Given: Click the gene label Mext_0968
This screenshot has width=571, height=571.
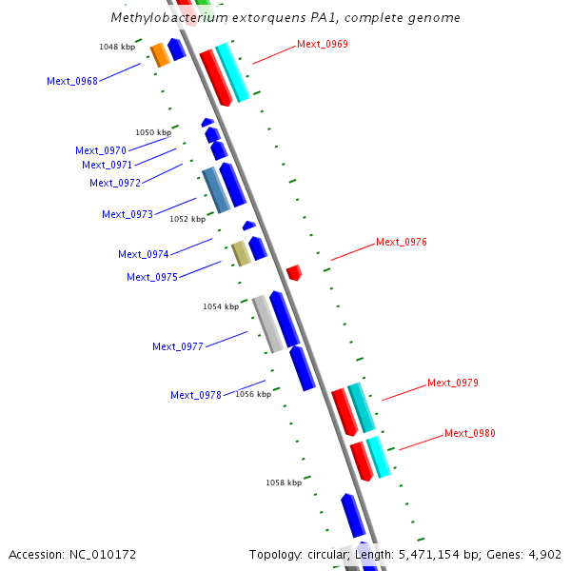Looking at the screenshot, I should (x=72, y=81).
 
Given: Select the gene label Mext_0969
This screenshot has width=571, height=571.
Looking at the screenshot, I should (x=323, y=44).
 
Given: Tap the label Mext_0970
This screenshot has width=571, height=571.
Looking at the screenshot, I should (x=101, y=150).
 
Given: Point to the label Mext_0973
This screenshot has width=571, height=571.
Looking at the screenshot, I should (x=128, y=214).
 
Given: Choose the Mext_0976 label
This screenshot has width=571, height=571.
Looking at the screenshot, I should (x=402, y=242).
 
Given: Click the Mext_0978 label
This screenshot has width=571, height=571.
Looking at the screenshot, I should (x=196, y=395).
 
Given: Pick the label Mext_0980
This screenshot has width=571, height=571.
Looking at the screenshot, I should (x=470, y=433).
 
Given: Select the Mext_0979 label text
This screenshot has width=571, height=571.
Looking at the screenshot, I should (x=453, y=383).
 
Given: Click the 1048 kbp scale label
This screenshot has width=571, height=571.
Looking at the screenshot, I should (x=117, y=47).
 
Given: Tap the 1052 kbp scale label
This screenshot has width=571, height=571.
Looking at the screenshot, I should (x=187, y=219).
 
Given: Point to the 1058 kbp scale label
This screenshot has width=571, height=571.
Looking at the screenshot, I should (x=284, y=482).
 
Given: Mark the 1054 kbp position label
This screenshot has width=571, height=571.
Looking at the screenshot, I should (x=221, y=306).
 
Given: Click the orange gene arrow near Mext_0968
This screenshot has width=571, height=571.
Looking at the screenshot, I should (x=160, y=54).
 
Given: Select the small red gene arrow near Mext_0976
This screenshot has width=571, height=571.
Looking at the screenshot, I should (x=294, y=272).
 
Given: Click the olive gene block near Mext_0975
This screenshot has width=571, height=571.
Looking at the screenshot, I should (x=242, y=253).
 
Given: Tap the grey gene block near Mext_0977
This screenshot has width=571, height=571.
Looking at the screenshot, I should (x=267, y=324).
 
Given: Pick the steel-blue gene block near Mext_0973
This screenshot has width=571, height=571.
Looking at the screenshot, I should (x=216, y=189).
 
